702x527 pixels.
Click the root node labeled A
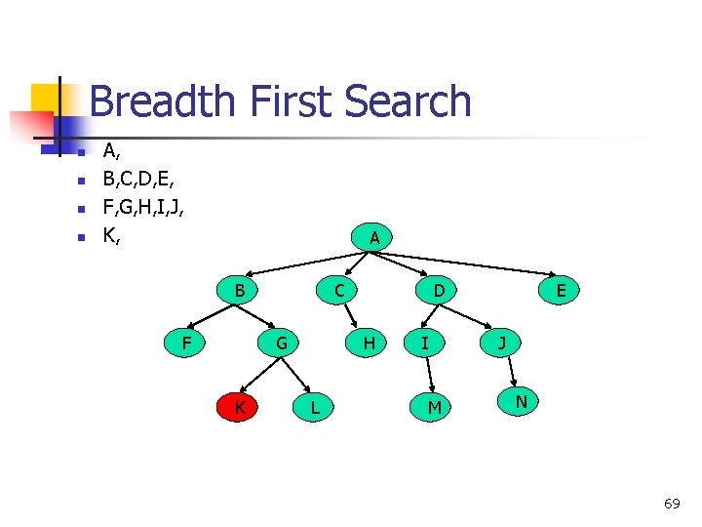pos(374,237)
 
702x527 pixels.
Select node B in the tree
pos(239,290)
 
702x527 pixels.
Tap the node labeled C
pos(338,290)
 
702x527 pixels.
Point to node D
pos(439,290)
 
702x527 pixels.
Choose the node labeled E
pos(562,291)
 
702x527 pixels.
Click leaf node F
pos(185,343)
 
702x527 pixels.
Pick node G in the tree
pos(281,343)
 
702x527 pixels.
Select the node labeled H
pos(369,343)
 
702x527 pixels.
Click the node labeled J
pos(501,343)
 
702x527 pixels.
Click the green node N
pos(522,401)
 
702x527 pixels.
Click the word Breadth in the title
pos(161,101)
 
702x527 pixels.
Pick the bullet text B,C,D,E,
pos(139,179)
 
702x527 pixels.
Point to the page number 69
pos(672,504)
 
